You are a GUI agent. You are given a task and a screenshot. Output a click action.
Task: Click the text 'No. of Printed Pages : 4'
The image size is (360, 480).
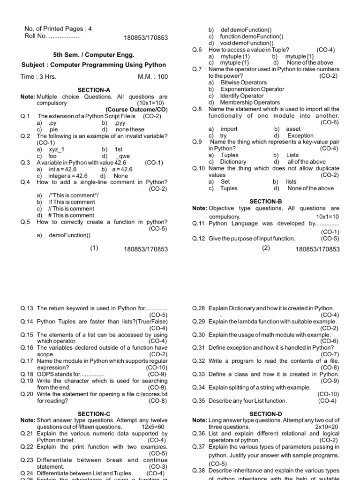click(x=58, y=29)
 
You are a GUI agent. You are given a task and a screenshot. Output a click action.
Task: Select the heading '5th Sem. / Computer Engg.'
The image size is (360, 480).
click(x=87, y=55)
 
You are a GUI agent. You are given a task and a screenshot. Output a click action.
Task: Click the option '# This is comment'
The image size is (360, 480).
click(x=71, y=215)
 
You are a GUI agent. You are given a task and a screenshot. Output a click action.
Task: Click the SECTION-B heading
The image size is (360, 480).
click(x=265, y=201)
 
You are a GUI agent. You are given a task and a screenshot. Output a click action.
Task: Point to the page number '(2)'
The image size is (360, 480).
click(x=266, y=248)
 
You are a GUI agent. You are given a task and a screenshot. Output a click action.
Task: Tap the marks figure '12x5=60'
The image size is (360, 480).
click(x=153, y=427)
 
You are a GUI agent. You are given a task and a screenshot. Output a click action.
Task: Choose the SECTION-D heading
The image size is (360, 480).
click(x=265, y=414)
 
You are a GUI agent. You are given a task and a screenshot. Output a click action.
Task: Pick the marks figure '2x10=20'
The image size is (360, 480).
click(x=327, y=427)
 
